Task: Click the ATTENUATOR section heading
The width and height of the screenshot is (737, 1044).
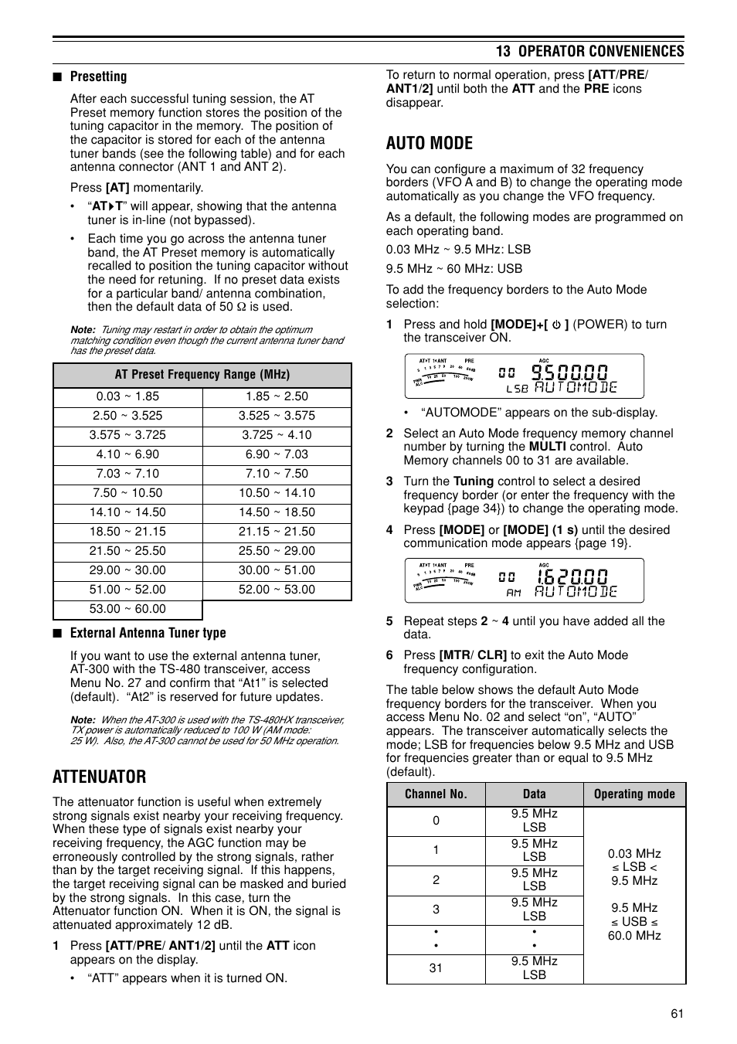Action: [x=99, y=776]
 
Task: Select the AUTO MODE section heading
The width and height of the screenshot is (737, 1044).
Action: [x=429, y=143]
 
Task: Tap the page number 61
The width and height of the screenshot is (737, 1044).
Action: [x=677, y=1014]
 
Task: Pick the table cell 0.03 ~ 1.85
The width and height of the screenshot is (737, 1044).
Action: [x=127, y=396]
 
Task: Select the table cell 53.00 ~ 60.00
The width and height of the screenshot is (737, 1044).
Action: [x=127, y=609]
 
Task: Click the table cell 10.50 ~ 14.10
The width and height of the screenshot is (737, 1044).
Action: [x=277, y=493]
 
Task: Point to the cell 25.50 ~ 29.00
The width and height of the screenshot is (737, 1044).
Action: [x=277, y=551]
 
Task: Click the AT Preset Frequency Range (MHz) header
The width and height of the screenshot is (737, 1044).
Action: [x=202, y=375]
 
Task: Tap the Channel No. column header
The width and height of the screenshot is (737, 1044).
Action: [x=436, y=794]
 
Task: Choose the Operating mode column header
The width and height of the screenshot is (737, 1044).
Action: [x=634, y=794]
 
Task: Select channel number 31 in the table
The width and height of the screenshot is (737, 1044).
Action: [x=436, y=968]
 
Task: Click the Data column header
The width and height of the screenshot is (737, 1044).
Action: [x=534, y=794]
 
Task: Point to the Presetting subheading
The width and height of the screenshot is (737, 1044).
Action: [x=98, y=77]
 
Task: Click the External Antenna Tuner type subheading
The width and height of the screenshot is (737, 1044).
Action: [x=148, y=633]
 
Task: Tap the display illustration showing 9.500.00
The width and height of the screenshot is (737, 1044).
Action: [x=524, y=376]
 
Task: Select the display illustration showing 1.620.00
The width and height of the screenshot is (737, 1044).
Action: [x=524, y=580]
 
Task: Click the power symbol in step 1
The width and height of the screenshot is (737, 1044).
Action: [x=555, y=325]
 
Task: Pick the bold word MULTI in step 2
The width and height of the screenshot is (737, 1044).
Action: [x=547, y=447]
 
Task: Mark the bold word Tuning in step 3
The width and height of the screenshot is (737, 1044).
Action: [x=473, y=481]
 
